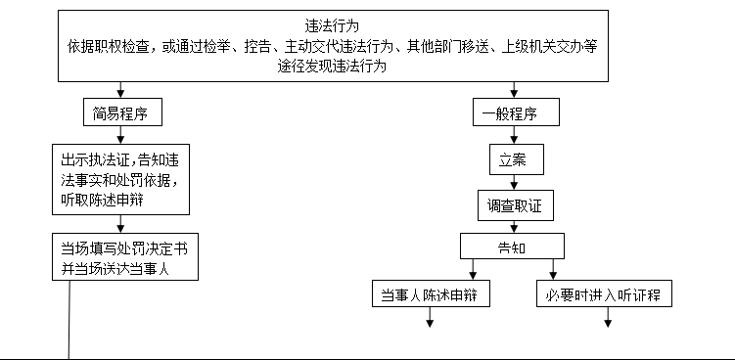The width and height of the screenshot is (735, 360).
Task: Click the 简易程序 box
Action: tap(120, 113)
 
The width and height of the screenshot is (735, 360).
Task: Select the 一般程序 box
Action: tap(514, 113)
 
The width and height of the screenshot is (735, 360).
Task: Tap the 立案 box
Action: tap(514, 158)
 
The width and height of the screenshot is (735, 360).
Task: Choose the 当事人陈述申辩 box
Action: tap(431, 293)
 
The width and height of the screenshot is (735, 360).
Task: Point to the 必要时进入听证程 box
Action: tap(605, 293)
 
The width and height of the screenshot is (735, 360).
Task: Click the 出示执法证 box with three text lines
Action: tap(120, 180)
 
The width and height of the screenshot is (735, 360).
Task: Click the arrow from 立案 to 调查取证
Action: tap(514, 181)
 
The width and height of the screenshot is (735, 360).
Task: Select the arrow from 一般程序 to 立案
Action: tap(514, 136)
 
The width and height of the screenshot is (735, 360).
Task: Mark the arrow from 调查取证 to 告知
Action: tap(514, 226)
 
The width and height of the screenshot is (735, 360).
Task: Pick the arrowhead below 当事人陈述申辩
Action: tap(428, 323)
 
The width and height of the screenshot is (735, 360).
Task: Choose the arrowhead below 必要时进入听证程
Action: tap(606, 323)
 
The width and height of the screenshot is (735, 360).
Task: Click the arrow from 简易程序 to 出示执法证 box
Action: tap(120, 136)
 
